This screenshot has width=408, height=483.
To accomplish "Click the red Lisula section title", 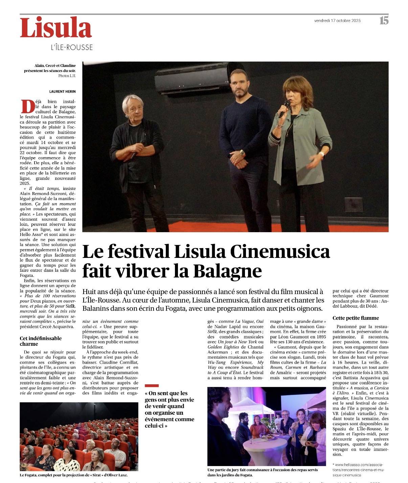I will pyautogui.click(x=56, y=28).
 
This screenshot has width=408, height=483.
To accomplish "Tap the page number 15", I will pyautogui.click(x=384, y=21).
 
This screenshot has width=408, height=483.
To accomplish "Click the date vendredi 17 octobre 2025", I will pyautogui.click(x=337, y=21).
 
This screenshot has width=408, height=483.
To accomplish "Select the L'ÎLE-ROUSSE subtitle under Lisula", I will pyautogui.click(x=72, y=47).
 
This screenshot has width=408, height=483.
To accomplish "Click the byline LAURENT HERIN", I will pyautogui.click(x=63, y=91).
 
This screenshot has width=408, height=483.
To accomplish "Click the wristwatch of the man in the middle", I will pyautogui.click(x=242, y=153).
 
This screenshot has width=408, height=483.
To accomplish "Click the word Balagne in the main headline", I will pyautogui.click(x=227, y=271).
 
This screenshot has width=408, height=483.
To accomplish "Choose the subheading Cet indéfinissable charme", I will pyautogui.click(x=41, y=341).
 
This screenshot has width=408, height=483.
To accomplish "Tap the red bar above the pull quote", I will pyautogui.click(x=152, y=385).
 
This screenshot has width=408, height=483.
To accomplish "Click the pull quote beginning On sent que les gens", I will pyautogui.click(x=169, y=409).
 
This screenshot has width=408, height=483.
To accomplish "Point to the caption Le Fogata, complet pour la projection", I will pyautogui.click(x=74, y=475).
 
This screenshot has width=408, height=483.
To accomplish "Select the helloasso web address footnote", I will pyautogui.click(x=359, y=470).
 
